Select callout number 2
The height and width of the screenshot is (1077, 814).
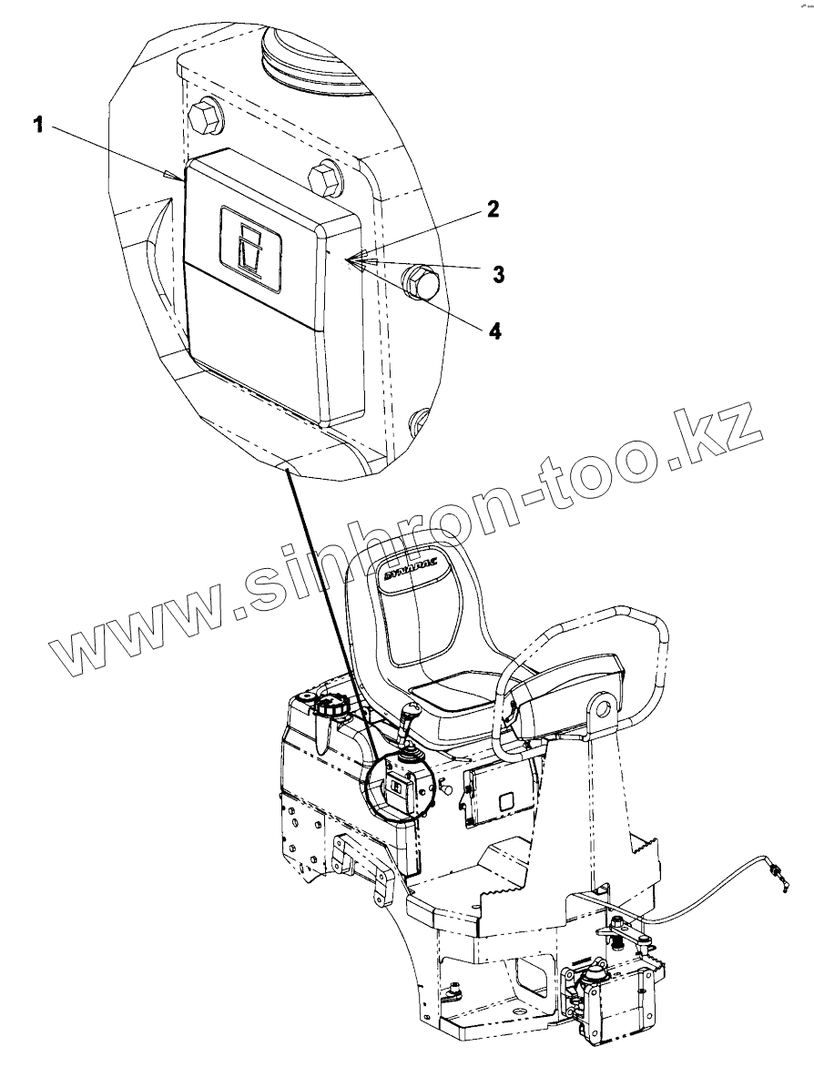(492, 209)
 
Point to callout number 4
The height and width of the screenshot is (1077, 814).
(494, 330)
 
